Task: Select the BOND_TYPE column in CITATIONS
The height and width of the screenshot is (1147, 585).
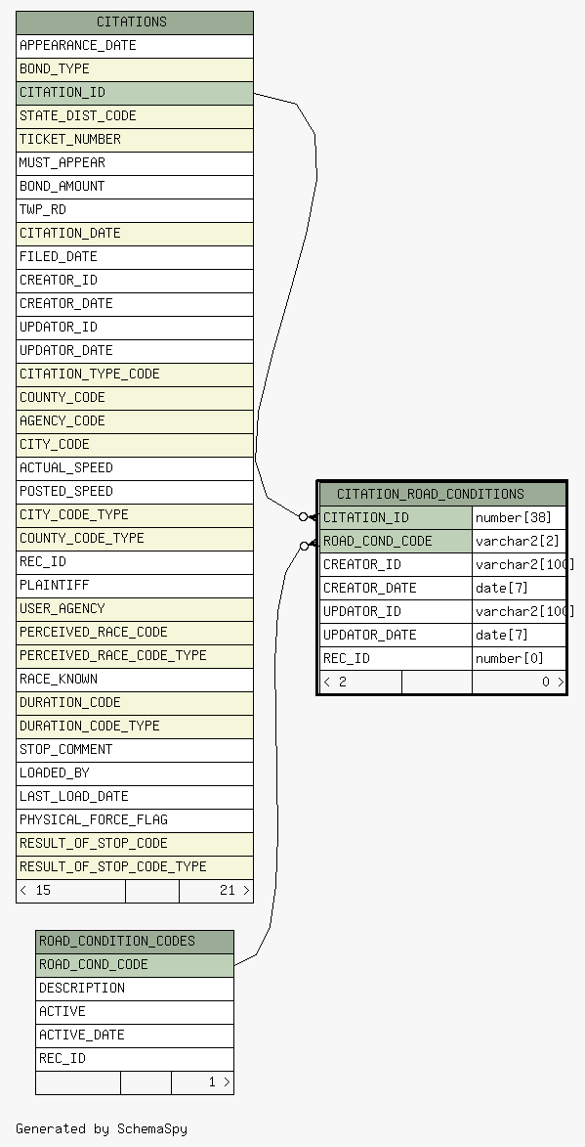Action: [x=135, y=69]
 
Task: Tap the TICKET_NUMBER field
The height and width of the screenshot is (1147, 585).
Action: [x=135, y=140]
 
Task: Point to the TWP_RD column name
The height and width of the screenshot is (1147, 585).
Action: [x=43, y=210]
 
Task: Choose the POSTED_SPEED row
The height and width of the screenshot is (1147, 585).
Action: [x=135, y=492]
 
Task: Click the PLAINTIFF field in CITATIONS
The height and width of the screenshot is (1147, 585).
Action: [x=135, y=585]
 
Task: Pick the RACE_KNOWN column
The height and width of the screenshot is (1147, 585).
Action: [x=135, y=679]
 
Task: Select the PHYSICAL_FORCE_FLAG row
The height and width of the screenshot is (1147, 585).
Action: [x=135, y=820]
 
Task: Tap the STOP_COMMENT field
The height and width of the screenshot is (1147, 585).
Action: [x=135, y=750]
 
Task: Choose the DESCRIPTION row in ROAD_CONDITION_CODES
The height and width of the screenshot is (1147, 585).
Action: [x=135, y=989]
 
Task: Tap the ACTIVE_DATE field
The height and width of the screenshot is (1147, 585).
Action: [x=135, y=1036]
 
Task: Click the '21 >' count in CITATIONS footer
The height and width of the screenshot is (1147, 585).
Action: [x=234, y=890]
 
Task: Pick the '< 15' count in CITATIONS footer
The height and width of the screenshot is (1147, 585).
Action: [x=35, y=890]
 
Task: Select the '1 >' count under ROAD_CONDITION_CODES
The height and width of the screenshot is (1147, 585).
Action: [x=219, y=1081]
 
